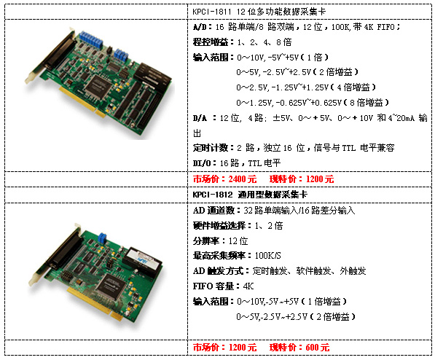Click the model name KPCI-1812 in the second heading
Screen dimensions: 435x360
[213, 195]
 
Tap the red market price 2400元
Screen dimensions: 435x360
[243, 179]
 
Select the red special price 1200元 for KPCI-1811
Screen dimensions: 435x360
[320, 179]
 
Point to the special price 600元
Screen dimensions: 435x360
[318, 347]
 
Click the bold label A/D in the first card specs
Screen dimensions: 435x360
[200, 27]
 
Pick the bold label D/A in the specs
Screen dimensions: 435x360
[200, 118]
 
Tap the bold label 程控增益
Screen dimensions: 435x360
[211, 42]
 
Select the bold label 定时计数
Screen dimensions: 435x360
[211, 148]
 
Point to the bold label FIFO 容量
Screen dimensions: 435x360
[213, 286]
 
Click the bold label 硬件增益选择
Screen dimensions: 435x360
[219, 226]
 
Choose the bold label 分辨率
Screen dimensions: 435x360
[206, 241]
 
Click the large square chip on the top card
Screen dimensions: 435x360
[97, 85]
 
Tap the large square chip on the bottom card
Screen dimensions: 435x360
[113, 286]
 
